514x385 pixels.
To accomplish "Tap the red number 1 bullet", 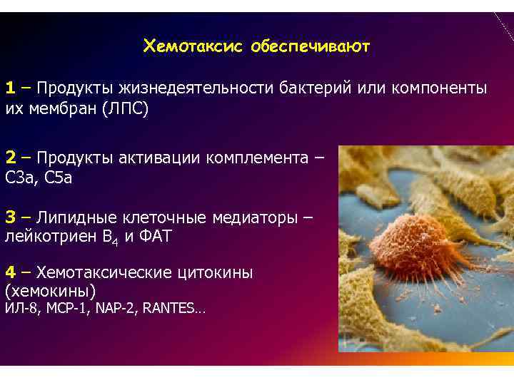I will [x=11, y=88].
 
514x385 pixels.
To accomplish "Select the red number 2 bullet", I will [x=11, y=157].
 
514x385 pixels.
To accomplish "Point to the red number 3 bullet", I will [x=11, y=217].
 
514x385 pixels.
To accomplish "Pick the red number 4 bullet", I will [x=11, y=272].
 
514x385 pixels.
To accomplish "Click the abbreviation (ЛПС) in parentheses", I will [x=125, y=109].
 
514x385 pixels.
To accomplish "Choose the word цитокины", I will [x=214, y=272].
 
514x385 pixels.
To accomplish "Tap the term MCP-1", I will [x=64, y=309].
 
